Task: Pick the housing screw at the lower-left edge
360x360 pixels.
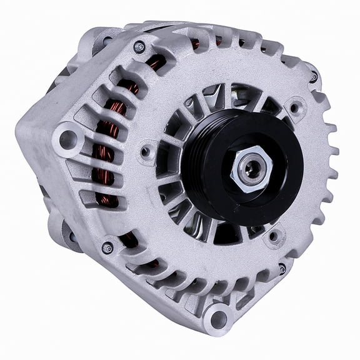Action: (x=107, y=247)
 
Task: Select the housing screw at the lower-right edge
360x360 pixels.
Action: (x=282, y=269)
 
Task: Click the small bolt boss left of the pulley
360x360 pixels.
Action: (x=146, y=151)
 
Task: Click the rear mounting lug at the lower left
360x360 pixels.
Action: (x=62, y=231)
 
